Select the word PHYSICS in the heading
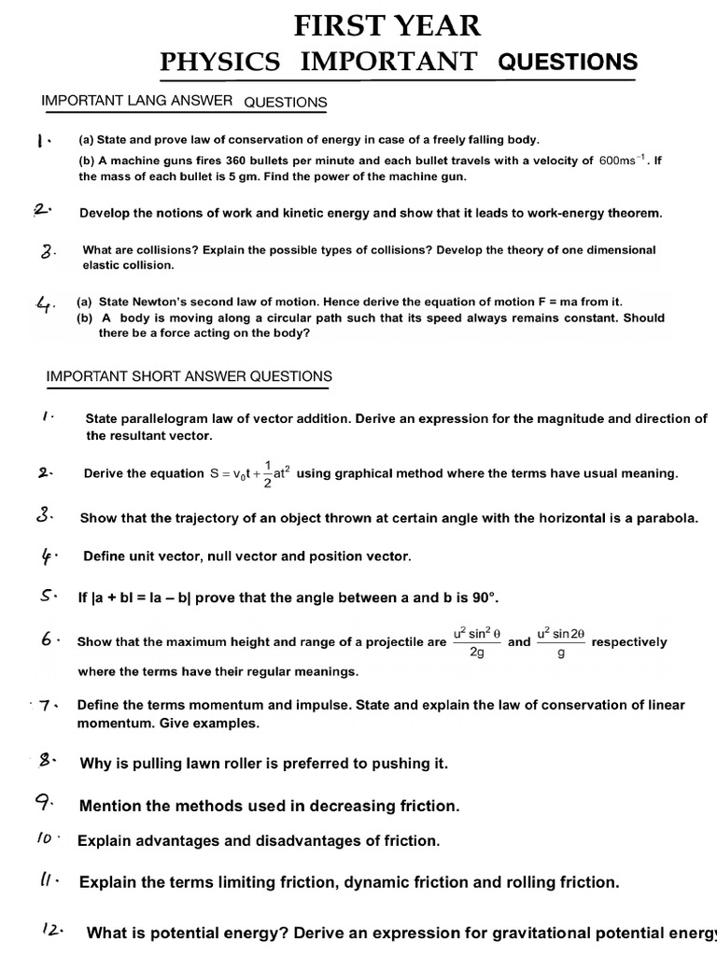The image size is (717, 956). [x=220, y=63]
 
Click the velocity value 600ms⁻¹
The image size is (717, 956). [x=623, y=160]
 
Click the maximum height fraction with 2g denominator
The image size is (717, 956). [x=477, y=641]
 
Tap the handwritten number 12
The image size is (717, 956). [x=51, y=929]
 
